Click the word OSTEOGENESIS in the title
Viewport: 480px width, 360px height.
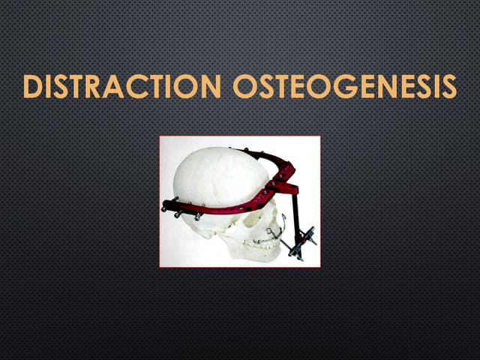click(x=344, y=88)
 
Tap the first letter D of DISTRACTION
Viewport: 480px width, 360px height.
click(x=31, y=88)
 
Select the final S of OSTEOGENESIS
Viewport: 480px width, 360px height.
click(x=448, y=88)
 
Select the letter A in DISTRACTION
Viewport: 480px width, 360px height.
click(x=114, y=88)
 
